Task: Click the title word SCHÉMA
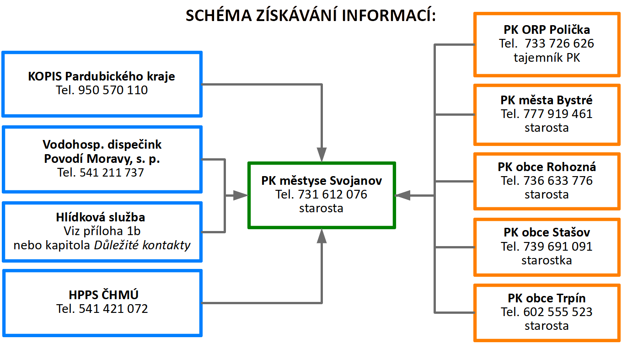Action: tap(219, 16)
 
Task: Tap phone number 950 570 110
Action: tap(113, 90)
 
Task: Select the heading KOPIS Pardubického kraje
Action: tap(102, 76)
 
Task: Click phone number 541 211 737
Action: tap(112, 172)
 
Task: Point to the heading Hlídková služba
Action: tap(101, 217)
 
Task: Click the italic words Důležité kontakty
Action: tap(142, 245)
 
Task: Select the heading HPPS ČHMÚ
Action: tap(103, 295)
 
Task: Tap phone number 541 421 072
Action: tap(113, 309)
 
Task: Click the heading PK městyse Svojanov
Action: tap(322, 181)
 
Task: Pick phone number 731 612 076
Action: tap(332, 194)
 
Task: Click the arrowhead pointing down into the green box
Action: tap(322, 155)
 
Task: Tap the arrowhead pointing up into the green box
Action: tap(322, 236)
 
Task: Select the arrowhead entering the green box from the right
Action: tap(403, 196)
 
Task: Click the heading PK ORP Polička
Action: tap(547, 30)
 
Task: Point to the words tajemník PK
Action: tap(547, 58)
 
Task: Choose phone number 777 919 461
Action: tap(558, 114)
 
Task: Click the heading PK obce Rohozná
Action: tap(547, 167)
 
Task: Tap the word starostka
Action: tap(547, 261)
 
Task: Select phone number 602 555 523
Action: tap(558, 312)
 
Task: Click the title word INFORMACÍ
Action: tap(388, 16)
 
